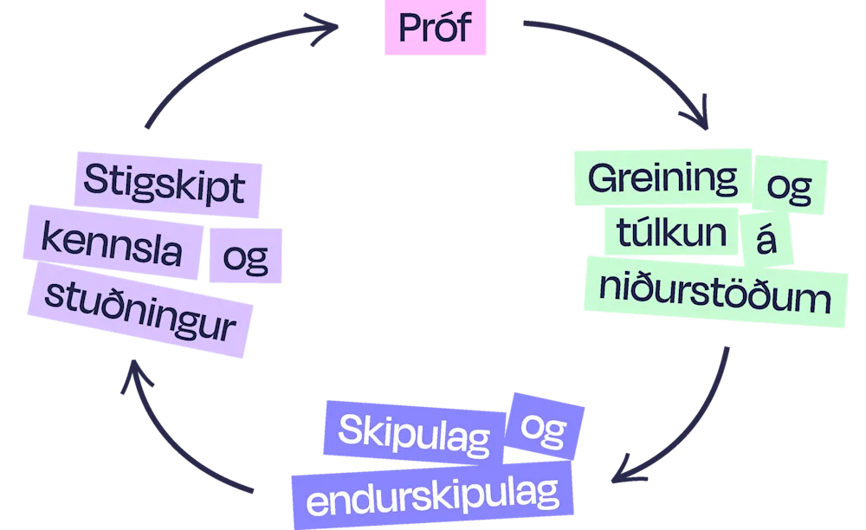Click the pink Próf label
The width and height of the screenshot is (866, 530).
(x=436, y=28)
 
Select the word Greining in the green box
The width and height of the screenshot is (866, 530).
(x=662, y=179)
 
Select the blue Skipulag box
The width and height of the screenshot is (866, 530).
(x=411, y=431)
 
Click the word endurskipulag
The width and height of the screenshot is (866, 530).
(x=432, y=496)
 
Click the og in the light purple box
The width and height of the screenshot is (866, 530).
(x=245, y=256)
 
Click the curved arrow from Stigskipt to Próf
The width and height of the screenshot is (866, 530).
(x=216, y=65)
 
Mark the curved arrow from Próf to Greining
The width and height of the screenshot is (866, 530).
(x=632, y=61)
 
